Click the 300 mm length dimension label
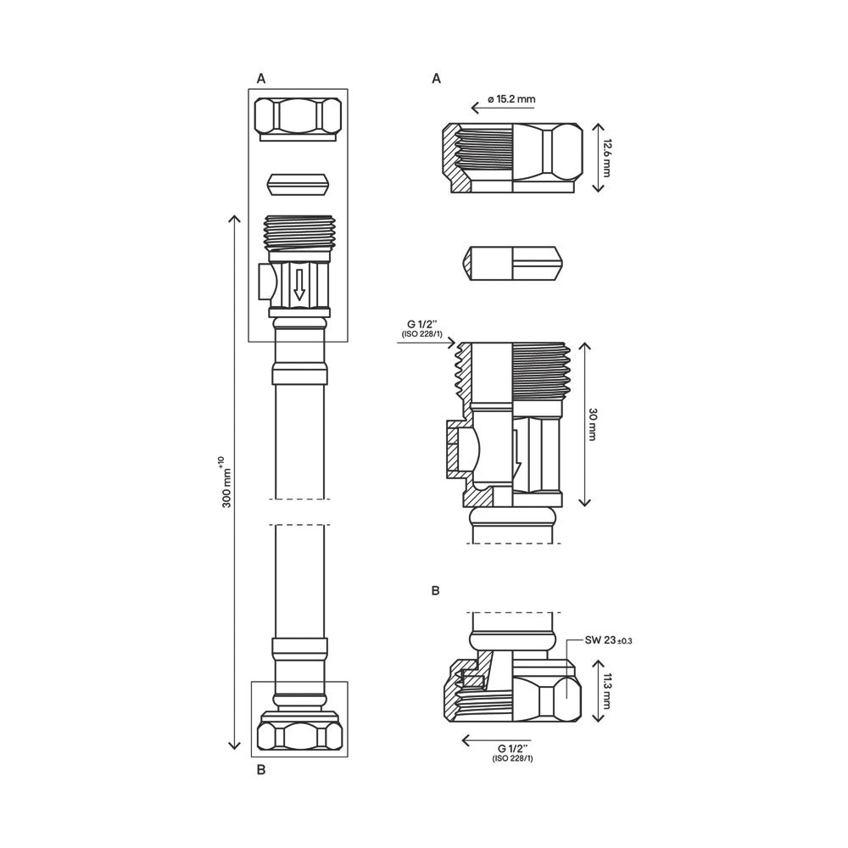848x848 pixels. tap(226, 483)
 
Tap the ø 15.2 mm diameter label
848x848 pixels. tap(511, 99)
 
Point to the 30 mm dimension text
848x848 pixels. tap(591, 425)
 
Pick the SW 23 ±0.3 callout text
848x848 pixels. tap(608, 640)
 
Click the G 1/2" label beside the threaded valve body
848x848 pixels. tap(421, 328)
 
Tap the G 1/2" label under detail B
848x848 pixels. tap(513, 753)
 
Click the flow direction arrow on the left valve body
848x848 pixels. tap(299, 284)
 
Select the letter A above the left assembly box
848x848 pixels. tap(261, 79)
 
